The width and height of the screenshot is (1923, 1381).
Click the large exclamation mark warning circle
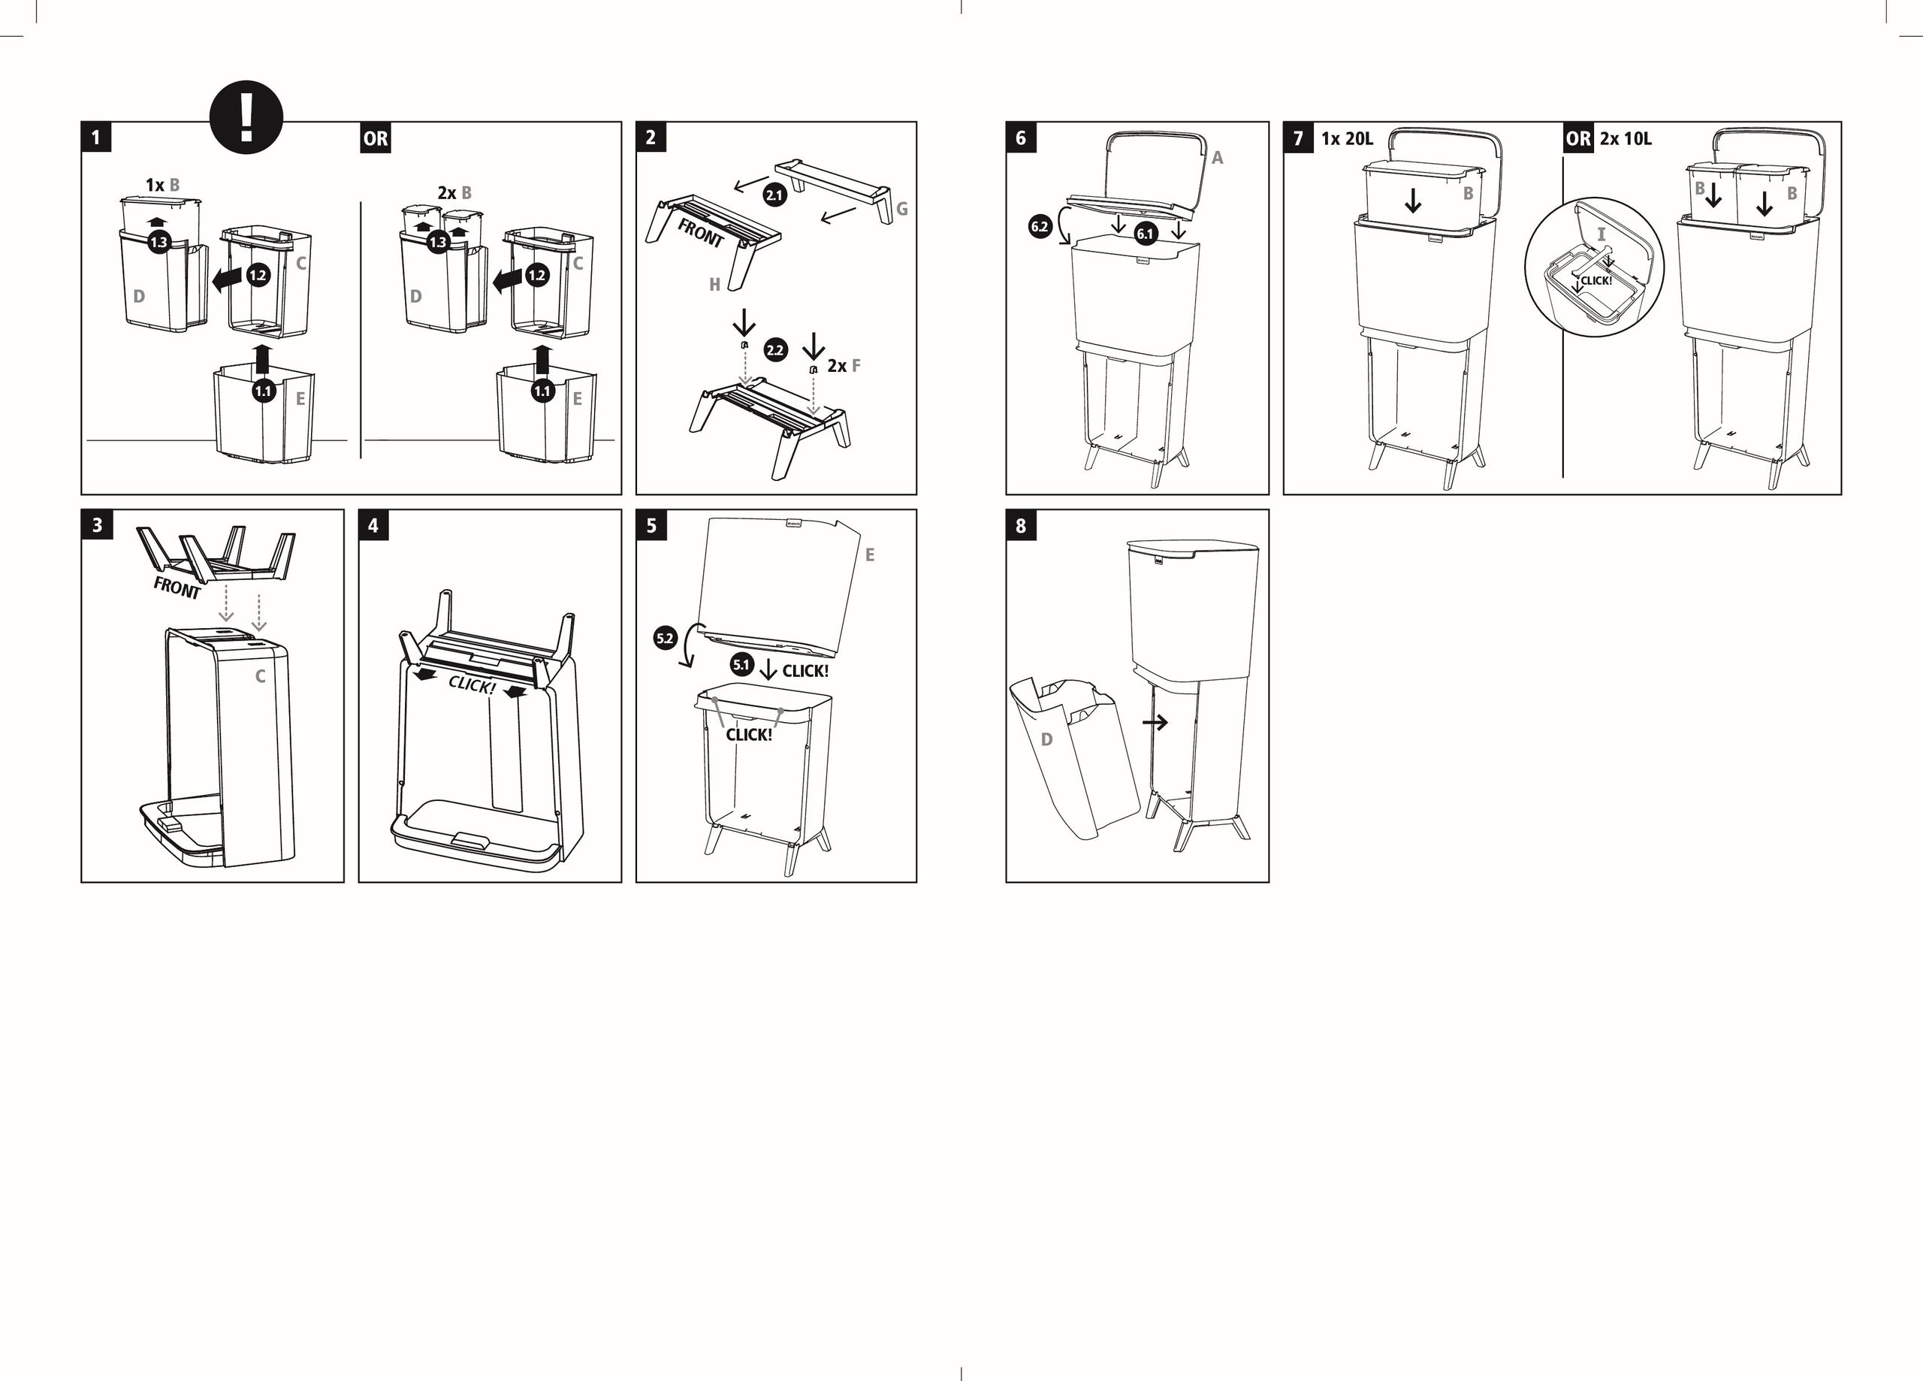pos(246,117)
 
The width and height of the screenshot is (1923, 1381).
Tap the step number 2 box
pos(651,137)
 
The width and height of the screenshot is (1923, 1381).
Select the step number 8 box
pos(1021,525)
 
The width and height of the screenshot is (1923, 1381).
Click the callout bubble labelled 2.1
pos(774,195)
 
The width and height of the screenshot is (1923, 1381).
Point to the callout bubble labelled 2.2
pos(775,350)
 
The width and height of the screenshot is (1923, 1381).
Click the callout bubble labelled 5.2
pos(665,638)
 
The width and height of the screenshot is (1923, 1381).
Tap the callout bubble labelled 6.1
pos(1146,233)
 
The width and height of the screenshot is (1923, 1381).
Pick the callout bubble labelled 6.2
pos(1040,226)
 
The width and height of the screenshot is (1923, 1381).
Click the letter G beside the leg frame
pos(902,209)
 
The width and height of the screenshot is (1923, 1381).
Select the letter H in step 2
pos(715,285)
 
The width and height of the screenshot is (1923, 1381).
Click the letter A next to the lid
pos(1218,158)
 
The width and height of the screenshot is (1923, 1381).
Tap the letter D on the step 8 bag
pos(1046,739)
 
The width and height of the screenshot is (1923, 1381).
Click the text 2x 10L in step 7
pos(1626,138)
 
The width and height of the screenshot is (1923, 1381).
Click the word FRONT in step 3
pos(177,587)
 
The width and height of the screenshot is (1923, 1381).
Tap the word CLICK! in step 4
pos(472,684)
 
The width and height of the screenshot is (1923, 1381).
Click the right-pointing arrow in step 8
pos(1155,722)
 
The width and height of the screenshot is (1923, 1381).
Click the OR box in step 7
pos(1578,138)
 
